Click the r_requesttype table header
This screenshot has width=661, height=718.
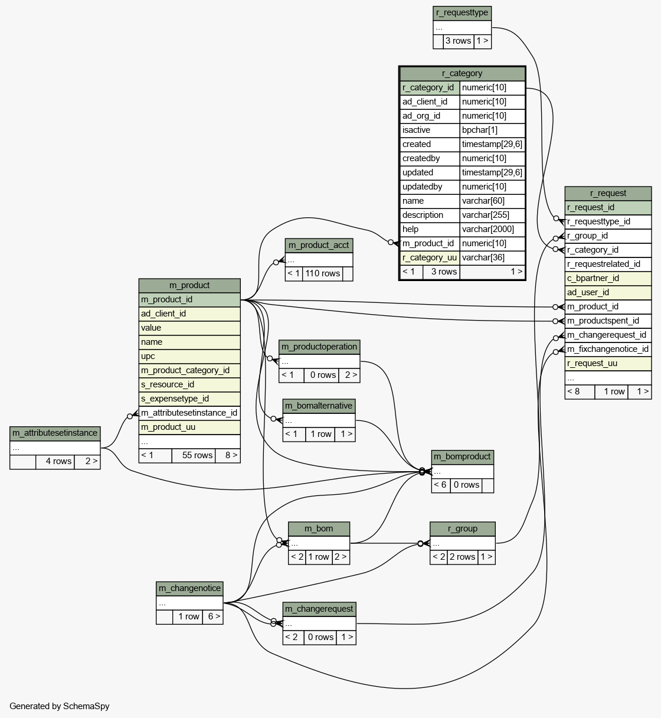coord(462,13)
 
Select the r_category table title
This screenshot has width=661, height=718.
coord(462,73)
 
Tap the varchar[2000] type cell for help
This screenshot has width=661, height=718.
coord(492,229)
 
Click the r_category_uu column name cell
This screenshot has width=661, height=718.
coord(430,257)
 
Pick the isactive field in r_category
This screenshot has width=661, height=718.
coord(430,130)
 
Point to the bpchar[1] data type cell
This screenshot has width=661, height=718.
coord(492,130)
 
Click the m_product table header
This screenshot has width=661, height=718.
coord(189,285)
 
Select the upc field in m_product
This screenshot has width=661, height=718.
coord(189,356)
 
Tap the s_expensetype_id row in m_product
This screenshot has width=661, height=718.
coord(189,399)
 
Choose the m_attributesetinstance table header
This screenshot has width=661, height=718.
coord(55,433)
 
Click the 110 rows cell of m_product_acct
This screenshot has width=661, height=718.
coord(322,273)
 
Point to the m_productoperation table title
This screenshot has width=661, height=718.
coord(319,347)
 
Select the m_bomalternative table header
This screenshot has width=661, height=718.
coord(319,406)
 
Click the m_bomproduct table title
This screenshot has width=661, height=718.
coord(462,456)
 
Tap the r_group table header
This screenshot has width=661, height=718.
coord(462,528)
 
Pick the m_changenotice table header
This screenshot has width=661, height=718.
coord(189,589)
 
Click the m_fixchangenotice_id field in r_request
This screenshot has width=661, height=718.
coord(608,349)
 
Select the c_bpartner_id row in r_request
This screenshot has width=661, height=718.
coord(608,278)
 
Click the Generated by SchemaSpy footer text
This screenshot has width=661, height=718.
coord(60,706)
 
